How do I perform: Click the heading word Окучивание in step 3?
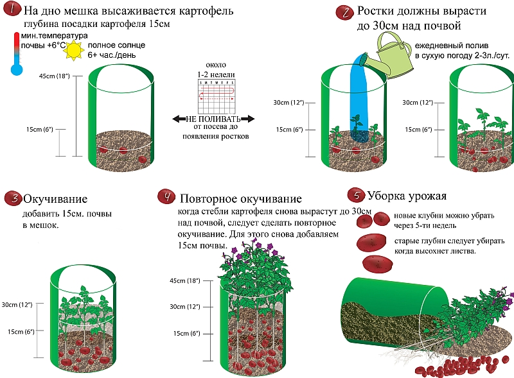click(55, 198)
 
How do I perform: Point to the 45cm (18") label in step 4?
click(186, 281)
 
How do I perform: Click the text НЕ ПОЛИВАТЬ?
click(213, 119)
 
